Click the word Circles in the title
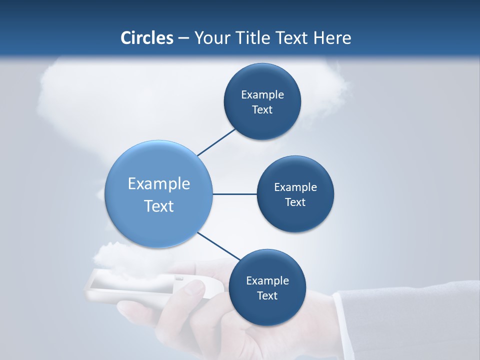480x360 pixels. click(x=147, y=38)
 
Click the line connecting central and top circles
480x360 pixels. click(x=216, y=142)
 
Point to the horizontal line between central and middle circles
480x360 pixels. click(x=234, y=194)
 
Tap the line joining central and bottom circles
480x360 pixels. click(x=218, y=246)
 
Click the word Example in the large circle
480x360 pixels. click(x=159, y=184)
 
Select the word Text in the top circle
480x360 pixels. click(x=262, y=110)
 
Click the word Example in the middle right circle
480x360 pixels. click(x=295, y=187)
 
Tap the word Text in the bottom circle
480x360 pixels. click(x=267, y=296)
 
